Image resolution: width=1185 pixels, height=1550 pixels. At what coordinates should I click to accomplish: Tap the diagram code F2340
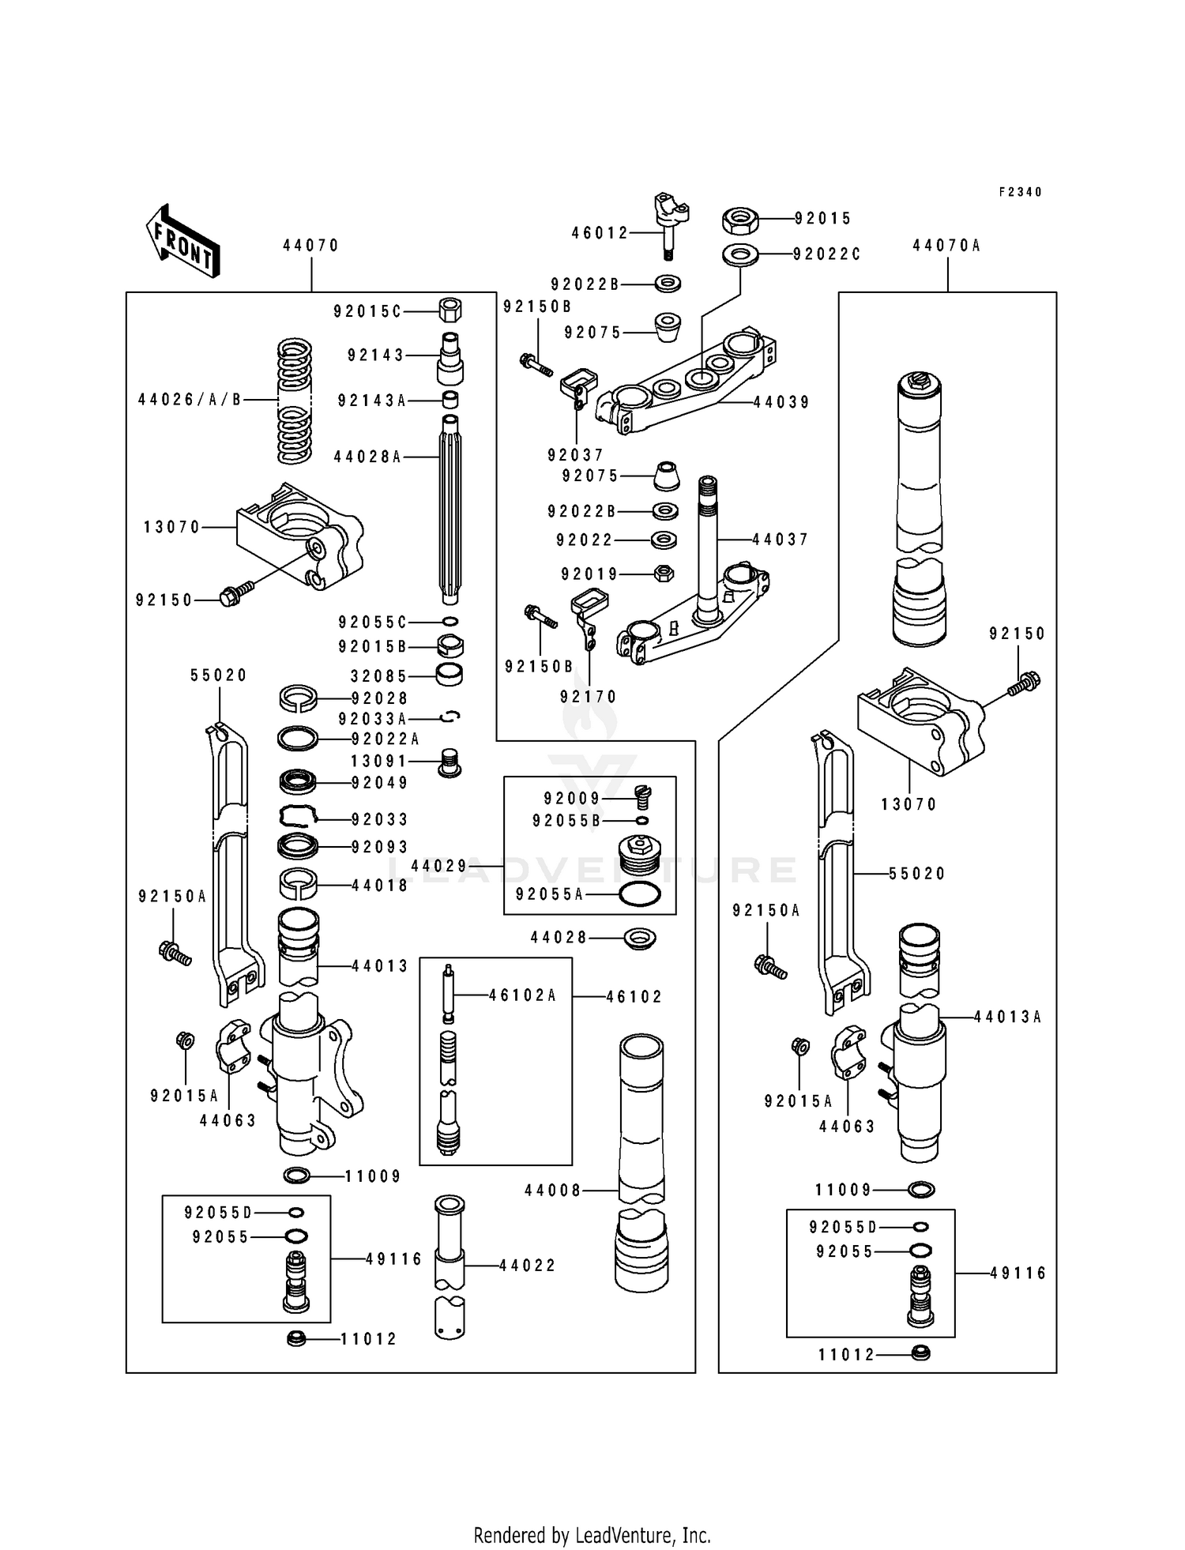(x=1020, y=192)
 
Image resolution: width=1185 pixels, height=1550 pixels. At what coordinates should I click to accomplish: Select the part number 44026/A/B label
(x=190, y=400)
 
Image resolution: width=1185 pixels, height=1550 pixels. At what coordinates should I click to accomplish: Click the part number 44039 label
(x=781, y=402)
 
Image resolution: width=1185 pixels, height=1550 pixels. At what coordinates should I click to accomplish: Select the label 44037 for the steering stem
(x=781, y=540)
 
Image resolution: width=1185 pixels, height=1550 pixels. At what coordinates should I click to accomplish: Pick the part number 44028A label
(x=367, y=457)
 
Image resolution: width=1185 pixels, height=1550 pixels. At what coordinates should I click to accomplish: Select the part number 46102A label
(x=522, y=995)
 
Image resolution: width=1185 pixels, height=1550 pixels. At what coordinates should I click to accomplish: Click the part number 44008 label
(x=553, y=1190)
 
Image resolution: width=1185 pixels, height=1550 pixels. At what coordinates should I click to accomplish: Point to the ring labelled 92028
(x=299, y=698)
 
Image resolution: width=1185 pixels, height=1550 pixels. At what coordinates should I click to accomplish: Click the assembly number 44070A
(x=946, y=246)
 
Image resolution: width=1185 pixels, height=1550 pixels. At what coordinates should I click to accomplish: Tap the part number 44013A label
(x=1008, y=1018)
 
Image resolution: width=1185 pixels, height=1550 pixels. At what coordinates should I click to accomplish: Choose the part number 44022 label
(x=528, y=1266)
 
